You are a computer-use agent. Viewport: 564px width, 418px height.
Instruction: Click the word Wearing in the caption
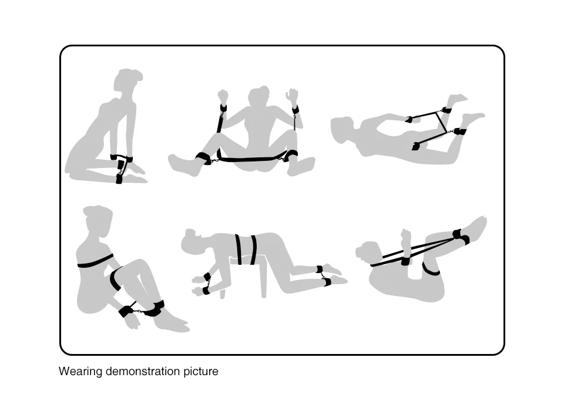coord(80,371)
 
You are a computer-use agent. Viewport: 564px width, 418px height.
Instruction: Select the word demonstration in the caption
coord(143,371)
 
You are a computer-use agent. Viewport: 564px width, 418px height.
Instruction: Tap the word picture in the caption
coord(201,371)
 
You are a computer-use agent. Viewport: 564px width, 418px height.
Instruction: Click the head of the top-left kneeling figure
coord(127,80)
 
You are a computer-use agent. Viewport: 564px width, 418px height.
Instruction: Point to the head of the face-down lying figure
coord(342,129)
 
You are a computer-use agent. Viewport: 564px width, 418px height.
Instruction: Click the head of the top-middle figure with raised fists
coord(259,98)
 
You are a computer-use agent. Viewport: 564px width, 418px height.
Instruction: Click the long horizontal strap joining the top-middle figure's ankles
coord(248,158)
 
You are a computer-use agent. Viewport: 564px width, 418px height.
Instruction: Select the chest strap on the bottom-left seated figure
coord(95,262)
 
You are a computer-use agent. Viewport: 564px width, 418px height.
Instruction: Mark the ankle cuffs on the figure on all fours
coord(323,276)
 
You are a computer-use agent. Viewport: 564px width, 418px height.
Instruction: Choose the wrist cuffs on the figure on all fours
coord(206,284)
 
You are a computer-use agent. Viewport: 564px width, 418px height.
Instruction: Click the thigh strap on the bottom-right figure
coord(431,269)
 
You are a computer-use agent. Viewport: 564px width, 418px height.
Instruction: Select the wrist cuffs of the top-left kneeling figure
coord(121,157)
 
